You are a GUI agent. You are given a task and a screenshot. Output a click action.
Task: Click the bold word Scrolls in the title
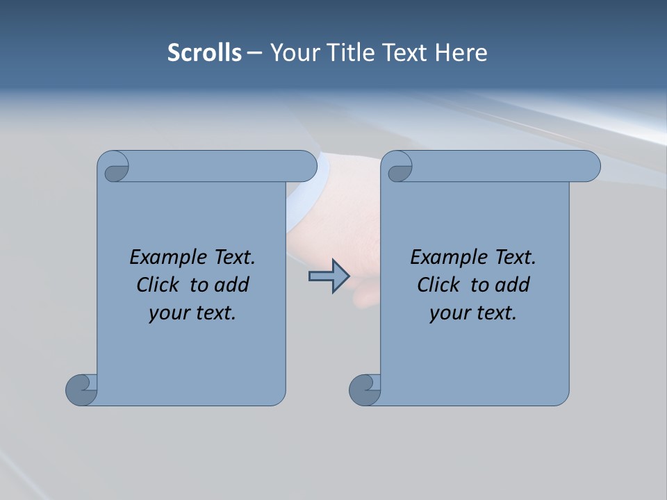(x=204, y=53)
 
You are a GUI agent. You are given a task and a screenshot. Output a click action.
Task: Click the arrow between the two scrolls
(x=329, y=276)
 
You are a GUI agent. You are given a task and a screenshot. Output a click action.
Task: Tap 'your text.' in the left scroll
(x=192, y=312)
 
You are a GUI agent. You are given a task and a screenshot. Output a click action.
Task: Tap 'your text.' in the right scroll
(x=473, y=312)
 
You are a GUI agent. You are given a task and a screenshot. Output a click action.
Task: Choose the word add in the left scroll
(x=233, y=285)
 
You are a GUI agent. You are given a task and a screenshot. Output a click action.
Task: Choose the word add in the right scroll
(x=513, y=285)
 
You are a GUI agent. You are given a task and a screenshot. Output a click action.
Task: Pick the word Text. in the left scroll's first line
(x=233, y=257)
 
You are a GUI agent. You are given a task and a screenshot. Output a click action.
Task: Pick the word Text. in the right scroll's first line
(x=513, y=257)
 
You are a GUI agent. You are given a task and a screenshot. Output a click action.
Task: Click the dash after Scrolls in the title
(x=255, y=53)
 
